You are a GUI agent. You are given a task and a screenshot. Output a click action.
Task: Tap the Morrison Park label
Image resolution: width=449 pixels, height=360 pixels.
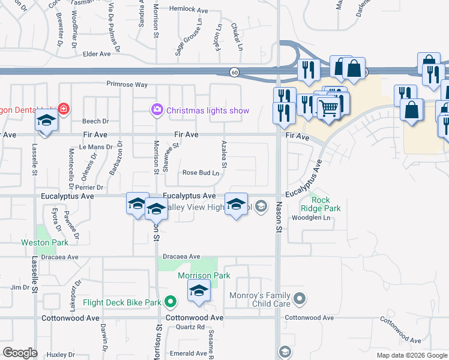203,275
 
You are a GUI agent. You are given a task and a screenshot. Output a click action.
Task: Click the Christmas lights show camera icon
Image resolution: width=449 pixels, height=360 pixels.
157,110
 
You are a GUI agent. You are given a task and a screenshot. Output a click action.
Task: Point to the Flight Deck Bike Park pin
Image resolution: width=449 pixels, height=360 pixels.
171,302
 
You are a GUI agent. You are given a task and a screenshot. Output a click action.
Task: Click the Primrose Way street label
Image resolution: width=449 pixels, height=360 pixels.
127,85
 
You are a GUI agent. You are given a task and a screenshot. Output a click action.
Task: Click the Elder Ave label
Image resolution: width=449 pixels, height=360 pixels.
97,54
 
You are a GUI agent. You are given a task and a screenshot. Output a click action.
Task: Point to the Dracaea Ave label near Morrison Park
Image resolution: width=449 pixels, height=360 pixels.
181,257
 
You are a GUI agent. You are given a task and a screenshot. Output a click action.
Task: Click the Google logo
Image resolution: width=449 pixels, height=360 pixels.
20,353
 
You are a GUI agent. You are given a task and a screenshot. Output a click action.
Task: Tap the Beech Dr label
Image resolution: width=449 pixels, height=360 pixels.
95,121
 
